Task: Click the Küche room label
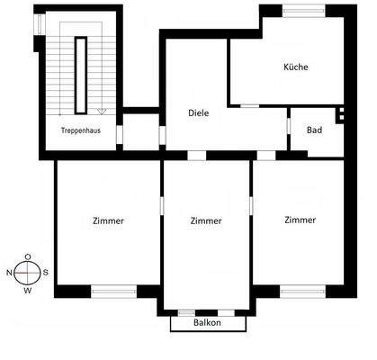point(296,67)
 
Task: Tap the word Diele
point(199,113)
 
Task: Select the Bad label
point(314,130)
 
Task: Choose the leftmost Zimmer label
point(108,220)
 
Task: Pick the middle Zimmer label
point(207,220)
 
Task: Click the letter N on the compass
point(10,272)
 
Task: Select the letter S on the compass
point(46,272)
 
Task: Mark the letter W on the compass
point(28,290)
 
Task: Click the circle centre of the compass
point(28,272)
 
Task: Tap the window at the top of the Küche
point(304,10)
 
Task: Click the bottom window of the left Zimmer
point(113,291)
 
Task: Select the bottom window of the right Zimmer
point(302,291)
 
